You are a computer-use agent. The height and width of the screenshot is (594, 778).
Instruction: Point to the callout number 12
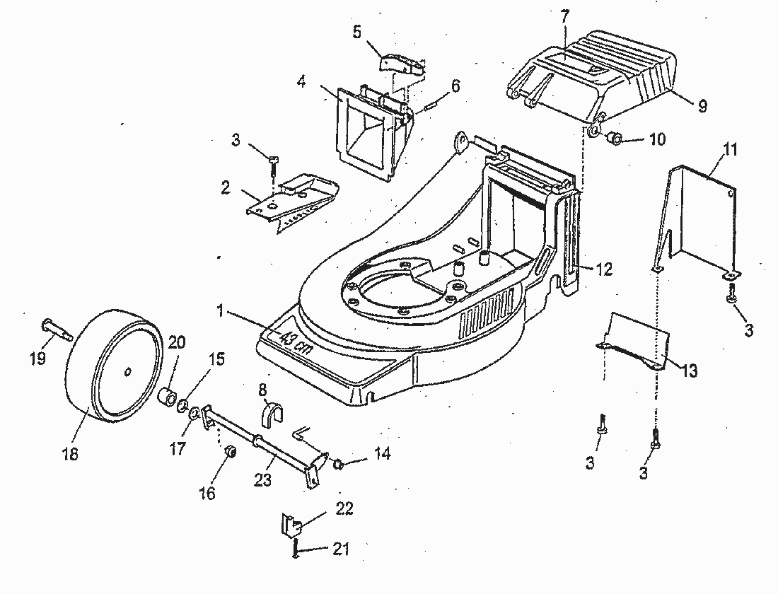pyautogui.click(x=604, y=269)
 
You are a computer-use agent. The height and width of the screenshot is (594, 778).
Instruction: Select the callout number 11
pyautogui.click(x=730, y=149)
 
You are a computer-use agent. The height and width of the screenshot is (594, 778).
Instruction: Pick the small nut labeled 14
pyautogui.click(x=338, y=464)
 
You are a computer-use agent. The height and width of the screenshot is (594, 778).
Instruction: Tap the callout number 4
pyautogui.click(x=301, y=81)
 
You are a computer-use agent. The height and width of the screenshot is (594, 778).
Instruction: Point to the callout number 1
pyautogui.click(x=221, y=310)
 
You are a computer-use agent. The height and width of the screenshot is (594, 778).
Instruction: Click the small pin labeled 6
pyautogui.click(x=431, y=106)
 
